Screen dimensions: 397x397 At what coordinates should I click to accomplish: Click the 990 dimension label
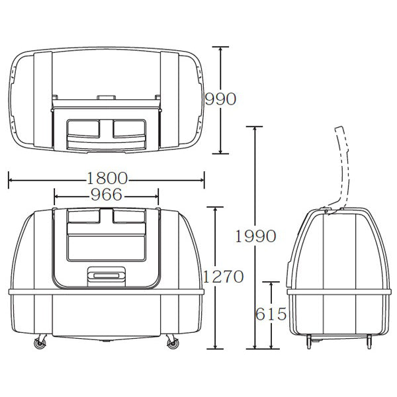[220, 99]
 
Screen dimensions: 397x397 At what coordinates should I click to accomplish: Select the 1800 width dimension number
[107, 178]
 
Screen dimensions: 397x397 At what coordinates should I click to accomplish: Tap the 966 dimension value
[107, 195]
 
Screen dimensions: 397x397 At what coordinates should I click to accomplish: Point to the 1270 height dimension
[223, 277]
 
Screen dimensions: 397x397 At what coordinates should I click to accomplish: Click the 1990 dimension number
[255, 236]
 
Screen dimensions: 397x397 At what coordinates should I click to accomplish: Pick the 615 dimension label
[271, 314]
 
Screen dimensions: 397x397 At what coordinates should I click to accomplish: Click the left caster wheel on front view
[40, 342]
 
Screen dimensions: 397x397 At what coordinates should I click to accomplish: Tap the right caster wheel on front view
[173, 342]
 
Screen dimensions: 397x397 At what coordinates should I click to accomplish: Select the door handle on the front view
[107, 276]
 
